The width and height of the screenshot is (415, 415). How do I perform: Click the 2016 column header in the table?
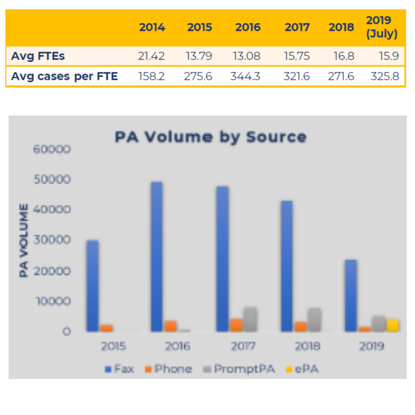(248, 27)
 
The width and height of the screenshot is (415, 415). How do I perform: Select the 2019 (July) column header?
(382, 27)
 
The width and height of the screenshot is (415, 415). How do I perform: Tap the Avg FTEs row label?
(38, 56)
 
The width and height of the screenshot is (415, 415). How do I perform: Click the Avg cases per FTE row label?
(64, 76)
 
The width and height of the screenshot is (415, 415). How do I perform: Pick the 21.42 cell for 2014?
(151, 56)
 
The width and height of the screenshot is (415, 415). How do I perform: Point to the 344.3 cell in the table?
(245, 76)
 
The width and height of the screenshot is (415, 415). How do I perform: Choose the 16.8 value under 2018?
(344, 56)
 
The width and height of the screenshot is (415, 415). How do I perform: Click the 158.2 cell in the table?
(151, 76)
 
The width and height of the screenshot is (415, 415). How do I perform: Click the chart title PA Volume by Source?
(210, 137)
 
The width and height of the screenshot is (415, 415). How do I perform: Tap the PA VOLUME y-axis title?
(24, 240)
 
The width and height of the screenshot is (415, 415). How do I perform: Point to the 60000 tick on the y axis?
(52, 149)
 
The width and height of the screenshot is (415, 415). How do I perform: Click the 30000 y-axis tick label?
(52, 240)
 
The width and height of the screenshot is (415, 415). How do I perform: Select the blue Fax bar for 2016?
(157, 256)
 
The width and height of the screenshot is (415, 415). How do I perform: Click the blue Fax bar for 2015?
(92, 285)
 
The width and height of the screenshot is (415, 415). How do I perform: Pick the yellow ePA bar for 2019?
(393, 325)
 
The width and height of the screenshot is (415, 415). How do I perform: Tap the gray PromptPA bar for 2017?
(250, 319)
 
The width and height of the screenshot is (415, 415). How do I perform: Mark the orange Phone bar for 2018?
(301, 326)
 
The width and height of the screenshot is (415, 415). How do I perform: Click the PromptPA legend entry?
(239, 369)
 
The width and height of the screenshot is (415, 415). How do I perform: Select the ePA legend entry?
(302, 369)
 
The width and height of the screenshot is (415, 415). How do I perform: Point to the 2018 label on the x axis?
(307, 346)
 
